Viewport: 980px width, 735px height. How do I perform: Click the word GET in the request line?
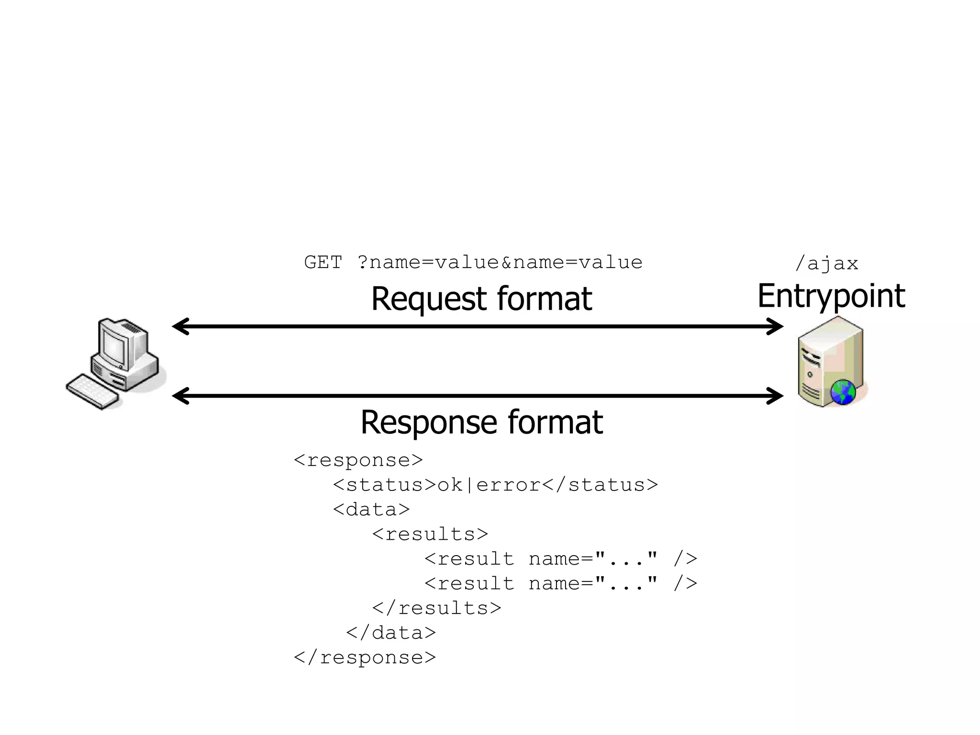(x=323, y=262)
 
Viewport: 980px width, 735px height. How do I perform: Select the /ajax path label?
(x=826, y=264)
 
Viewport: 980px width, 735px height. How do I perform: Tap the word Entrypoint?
(x=831, y=296)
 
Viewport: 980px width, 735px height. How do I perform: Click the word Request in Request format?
(x=429, y=299)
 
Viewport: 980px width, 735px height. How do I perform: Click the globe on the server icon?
(x=843, y=392)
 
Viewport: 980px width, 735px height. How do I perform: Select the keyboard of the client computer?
(x=92, y=392)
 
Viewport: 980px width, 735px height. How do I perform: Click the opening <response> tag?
(x=358, y=460)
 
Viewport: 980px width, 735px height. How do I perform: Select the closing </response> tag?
(x=365, y=657)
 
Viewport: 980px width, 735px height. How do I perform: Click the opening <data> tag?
(x=371, y=509)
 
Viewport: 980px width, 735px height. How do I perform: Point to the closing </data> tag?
(x=390, y=633)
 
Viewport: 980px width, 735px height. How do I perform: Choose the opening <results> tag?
(x=430, y=534)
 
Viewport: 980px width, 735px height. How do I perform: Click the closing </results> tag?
(x=436, y=608)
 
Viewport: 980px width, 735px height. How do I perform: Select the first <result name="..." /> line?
(x=560, y=558)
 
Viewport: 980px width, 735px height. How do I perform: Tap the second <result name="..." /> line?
(x=560, y=583)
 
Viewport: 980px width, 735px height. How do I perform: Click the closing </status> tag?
(x=601, y=485)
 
